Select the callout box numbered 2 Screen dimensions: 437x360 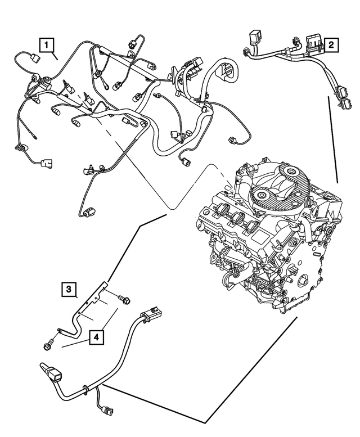pos(332,44)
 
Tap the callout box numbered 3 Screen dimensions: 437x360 pos(69,290)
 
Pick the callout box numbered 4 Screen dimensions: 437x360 pos(96,337)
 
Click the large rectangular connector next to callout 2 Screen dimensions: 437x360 pos(313,43)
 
